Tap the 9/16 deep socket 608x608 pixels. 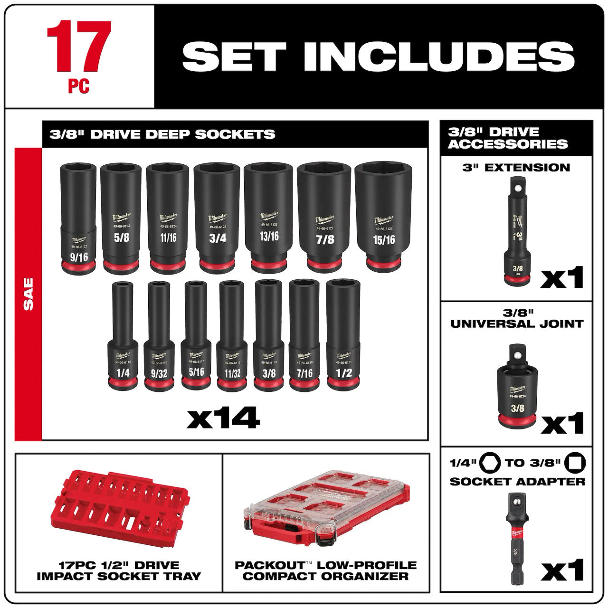78,218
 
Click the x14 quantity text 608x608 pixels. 223,418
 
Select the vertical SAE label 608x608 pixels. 28,294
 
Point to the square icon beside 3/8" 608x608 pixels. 576,463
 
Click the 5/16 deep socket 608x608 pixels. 195,335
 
